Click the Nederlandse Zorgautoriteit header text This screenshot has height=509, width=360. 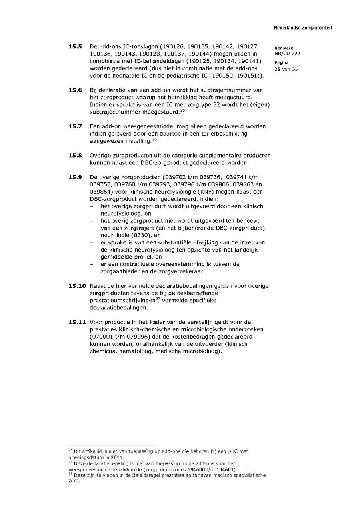(x=303, y=28)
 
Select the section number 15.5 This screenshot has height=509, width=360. (x=75, y=46)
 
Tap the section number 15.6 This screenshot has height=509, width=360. (x=75, y=90)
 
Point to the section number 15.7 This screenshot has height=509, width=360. (x=75, y=126)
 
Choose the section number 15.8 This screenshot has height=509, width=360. (x=75, y=155)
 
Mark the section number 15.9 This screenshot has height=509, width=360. (x=75, y=177)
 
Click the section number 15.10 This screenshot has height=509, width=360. (x=77, y=286)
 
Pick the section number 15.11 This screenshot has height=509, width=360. (x=77, y=322)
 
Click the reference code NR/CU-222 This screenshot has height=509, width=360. (x=287, y=54)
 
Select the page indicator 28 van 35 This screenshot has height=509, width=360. (x=286, y=69)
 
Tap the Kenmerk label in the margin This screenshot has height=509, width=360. (x=284, y=48)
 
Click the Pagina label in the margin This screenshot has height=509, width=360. (x=281, y=63)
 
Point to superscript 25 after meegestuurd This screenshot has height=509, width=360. (x=182, y=110)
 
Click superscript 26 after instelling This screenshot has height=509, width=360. (x=154, y=139)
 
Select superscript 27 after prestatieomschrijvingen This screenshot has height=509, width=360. (x=158, y=299)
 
